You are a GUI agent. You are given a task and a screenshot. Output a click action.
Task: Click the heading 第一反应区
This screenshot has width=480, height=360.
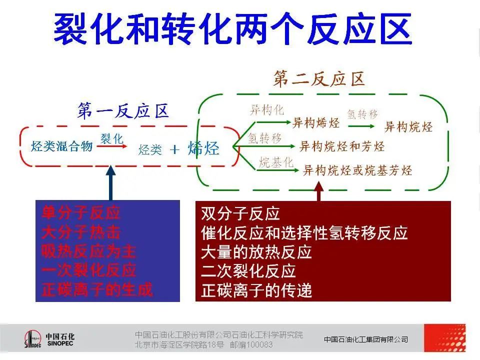[x=123, y=111]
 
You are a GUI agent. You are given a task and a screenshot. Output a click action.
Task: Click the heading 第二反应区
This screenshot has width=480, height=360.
[x=319, y=79]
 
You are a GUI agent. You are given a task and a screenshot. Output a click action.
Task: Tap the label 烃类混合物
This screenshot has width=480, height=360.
[x=62, y=146]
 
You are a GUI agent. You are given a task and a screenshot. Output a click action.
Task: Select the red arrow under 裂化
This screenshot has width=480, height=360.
[x=111, y=146]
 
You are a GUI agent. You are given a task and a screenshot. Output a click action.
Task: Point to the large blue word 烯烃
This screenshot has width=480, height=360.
[x=203, y=148]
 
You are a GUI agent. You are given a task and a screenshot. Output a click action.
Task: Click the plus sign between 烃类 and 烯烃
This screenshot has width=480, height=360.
[x=174, y=149]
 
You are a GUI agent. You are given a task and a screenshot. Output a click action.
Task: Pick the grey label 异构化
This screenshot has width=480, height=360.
[x=267, y=109]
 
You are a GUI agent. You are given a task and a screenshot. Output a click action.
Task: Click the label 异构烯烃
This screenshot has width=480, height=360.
[x=316, y=123]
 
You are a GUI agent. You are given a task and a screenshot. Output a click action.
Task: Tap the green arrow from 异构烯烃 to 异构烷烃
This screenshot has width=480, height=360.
[x=361, y=126]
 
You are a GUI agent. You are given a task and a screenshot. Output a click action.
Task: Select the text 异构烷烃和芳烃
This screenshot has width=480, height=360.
[x=341, y=146]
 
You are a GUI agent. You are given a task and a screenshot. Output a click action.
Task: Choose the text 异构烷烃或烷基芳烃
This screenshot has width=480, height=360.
[x=357, y=170]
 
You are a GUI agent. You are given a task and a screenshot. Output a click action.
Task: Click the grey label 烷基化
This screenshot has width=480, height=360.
[x=276, y=162]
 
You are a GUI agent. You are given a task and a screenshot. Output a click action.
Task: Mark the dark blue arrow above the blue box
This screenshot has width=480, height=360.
[x=110, y=183]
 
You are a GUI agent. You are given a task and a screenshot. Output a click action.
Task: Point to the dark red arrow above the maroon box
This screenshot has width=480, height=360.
[x=319, y=191]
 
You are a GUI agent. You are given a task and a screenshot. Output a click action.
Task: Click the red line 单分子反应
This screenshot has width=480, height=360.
[x=81, y=213]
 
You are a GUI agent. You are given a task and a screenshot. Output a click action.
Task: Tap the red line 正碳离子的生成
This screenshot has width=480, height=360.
[x=97, y=289]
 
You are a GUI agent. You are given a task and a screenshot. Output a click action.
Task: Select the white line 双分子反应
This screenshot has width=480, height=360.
[x=240, y=213]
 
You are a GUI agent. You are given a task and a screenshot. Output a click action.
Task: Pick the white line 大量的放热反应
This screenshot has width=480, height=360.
[x=256, y=252]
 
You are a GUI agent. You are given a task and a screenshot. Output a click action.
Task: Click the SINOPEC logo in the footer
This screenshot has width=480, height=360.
[x=49, y=339]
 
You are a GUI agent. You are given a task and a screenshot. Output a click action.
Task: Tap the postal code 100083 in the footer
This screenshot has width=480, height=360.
[x=259, y=344]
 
